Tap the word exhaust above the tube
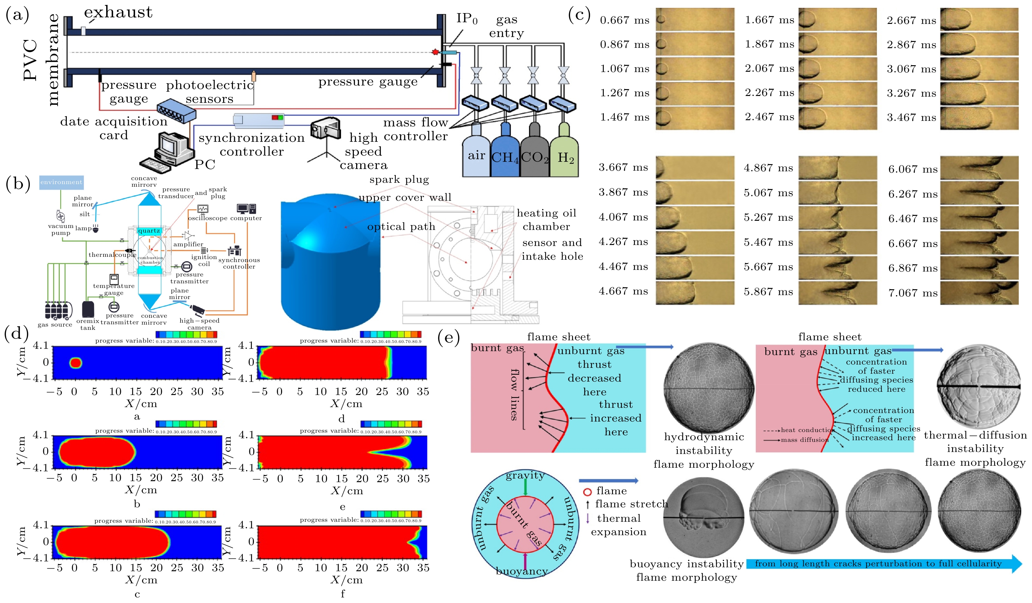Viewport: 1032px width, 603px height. (118, 12)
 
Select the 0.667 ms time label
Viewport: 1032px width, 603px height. (624, 20)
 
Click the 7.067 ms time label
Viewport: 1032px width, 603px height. (912, 293)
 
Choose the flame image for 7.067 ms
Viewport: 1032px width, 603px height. (979, 293)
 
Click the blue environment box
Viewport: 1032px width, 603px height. (62, 182)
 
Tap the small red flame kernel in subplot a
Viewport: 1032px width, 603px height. (76, 363)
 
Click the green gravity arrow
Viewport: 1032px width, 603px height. (526, 487)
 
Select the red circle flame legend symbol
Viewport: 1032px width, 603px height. (587, 492)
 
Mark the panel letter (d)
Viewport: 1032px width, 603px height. (16, 334)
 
